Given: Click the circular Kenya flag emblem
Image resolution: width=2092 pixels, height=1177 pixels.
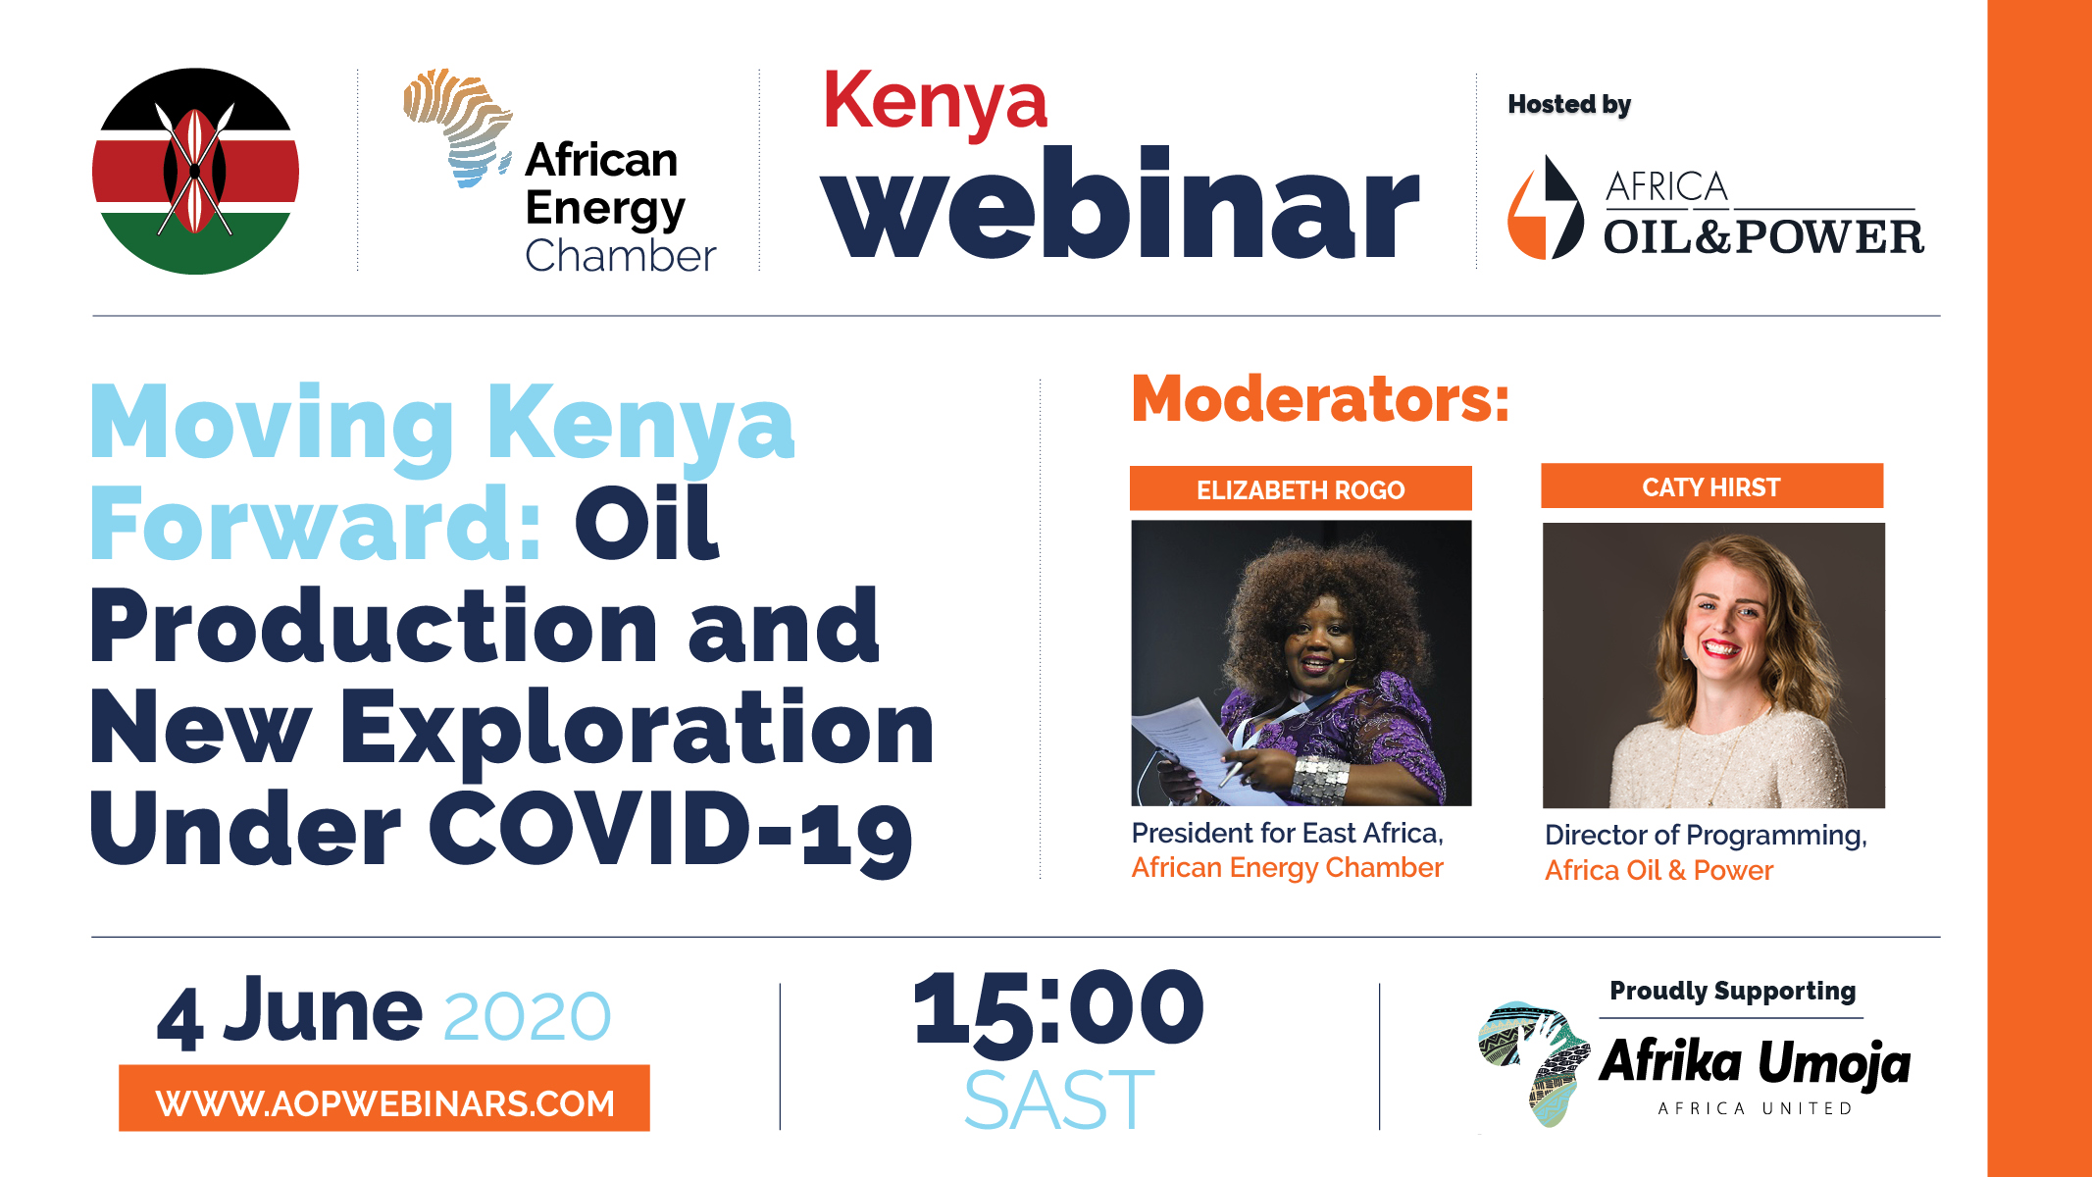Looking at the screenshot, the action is [195, 171].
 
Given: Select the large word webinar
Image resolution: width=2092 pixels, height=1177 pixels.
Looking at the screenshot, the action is [1120, 204].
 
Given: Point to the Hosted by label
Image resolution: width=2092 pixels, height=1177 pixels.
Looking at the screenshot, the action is [1569, 105].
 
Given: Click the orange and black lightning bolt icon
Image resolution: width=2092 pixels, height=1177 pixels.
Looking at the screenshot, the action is [1546, 208].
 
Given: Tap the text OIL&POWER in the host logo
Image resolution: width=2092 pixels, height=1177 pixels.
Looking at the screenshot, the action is [1763, 237].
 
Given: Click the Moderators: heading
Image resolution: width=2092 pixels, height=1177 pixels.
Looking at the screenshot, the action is [1320, 399].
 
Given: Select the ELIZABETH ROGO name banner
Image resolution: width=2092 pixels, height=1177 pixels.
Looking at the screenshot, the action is [1301, 488].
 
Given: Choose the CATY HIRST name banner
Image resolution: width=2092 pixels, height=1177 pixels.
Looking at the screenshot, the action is [1711, 486].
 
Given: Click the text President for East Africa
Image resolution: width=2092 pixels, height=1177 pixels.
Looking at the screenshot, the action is [1288, 834].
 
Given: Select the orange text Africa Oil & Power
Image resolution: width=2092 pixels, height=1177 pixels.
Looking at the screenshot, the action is [1658, 870].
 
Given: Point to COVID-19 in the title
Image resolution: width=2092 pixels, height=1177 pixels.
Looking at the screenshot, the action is [671, 831].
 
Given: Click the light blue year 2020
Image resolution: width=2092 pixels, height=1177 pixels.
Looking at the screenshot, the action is [528, 1016].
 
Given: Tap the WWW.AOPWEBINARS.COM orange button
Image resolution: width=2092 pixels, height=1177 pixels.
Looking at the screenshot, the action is [384, 1099].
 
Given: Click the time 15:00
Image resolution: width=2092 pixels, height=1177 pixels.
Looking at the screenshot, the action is [1058, 1010].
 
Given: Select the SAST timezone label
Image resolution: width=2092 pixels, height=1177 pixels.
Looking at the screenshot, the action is [1059, 1100].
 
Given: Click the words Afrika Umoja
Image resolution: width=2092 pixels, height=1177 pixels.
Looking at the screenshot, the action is [1756, 1063].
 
